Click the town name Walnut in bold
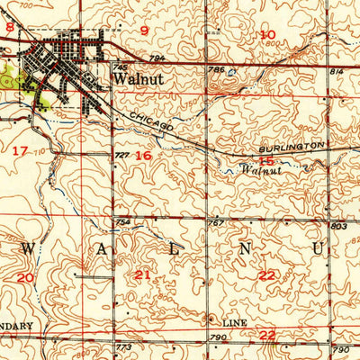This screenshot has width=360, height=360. pyautogui.click(x=137, y=78)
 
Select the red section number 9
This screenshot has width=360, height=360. pyautogui.click(x=143, y=31)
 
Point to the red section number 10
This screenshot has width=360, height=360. pyautogui.click(x=267, y=35)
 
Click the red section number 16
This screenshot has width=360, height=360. pyautogui.click(x=143, y=155)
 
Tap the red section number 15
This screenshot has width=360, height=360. pyautogui.click(x=266, y=160)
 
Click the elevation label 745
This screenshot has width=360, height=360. pyautogui.click(x=121, y=67)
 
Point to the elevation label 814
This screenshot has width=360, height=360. pyautogui.click(x=337, y=70)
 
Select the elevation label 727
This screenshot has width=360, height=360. pyautogui.click(x=121, y=156)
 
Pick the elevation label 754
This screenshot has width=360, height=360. pyautogui.click(x=122, y=222)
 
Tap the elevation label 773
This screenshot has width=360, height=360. pyautogui.click(x=123, y=346)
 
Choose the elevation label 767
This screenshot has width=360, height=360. pyautogui.click(x=215, y=222)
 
